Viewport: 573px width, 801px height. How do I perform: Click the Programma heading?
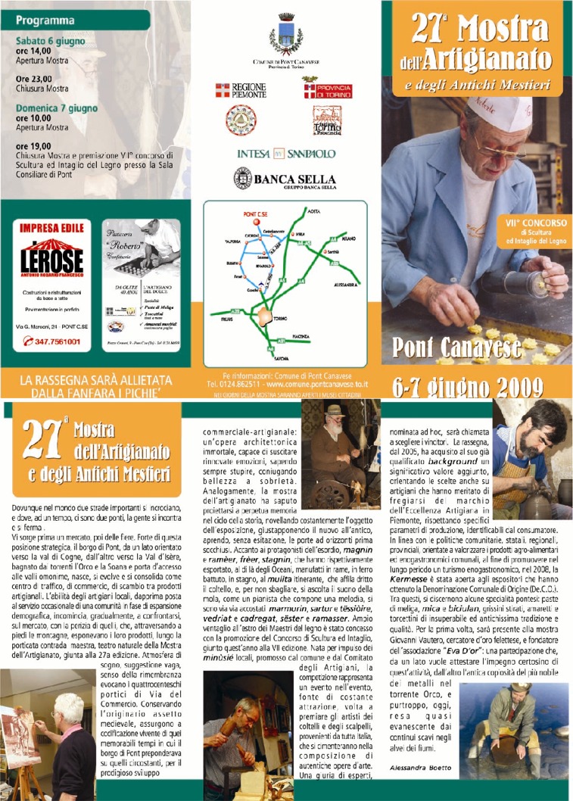[x=45, y=20]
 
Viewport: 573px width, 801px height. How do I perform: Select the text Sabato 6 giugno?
[x=51, y=42]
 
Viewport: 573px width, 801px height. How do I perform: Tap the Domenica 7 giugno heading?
[x=57, y=108]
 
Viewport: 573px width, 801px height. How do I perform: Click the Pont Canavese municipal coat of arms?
[x=285, y=32]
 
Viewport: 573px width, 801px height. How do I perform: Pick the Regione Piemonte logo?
[x=241, y=91]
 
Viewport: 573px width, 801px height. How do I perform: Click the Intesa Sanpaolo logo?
[x=285, y=153]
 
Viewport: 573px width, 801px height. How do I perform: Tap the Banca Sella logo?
[x=285, y=179]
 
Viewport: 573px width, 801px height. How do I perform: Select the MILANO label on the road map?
[x=347, y=237]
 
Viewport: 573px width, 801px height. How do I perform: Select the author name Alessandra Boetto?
[x=418, y=768]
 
